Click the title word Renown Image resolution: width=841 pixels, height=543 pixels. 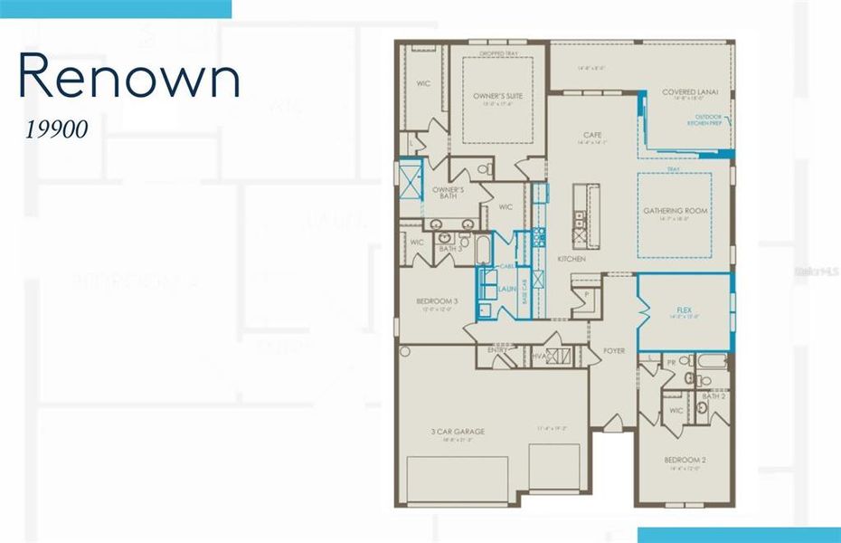(129, 79)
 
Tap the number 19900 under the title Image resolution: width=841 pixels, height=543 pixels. (56, 130)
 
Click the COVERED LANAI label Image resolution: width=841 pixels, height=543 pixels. (689, 92)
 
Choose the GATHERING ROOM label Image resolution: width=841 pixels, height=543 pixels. (675, 211)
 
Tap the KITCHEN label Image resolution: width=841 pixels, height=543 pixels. (572, 259)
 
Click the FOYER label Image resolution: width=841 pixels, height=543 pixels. (614, 350)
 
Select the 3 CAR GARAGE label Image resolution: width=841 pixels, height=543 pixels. (458, 432)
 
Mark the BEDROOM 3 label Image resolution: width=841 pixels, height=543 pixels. (437, 301)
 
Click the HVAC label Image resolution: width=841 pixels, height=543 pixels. (540, 357)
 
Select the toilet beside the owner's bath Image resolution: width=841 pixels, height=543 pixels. (484, 168)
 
